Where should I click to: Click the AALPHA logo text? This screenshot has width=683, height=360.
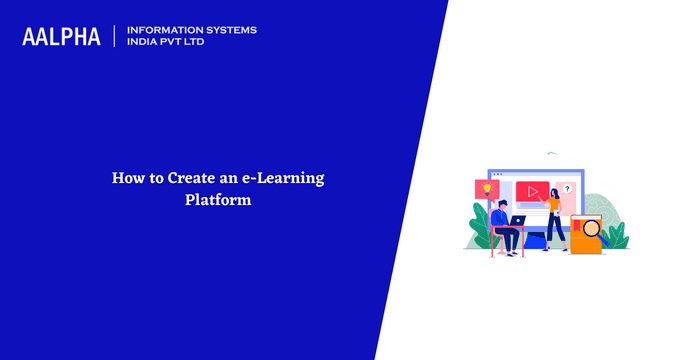point(61,36)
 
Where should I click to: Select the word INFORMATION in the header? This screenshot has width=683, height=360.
point(163,30)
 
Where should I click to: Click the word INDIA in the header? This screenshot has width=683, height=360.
point(144,43)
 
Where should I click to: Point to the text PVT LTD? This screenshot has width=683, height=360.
point(190,43)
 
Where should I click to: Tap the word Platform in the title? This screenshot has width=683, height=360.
point(217,199)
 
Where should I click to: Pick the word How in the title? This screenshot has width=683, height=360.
point(125,178)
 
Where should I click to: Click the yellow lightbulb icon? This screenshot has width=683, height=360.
point(486,188)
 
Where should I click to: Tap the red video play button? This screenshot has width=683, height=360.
point(532,190)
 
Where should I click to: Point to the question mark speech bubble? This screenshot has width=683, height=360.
point(567,189)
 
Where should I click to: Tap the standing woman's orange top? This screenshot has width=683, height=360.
point(553,204)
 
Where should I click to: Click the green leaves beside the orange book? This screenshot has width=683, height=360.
point(617,236)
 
